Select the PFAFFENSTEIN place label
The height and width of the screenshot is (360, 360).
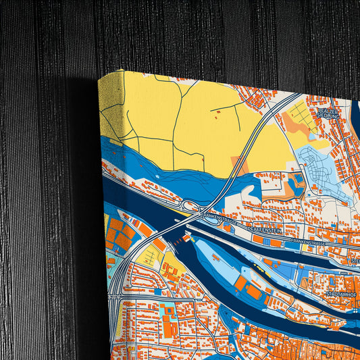click(x=265, y=230)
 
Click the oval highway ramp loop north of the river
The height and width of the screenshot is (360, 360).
click(x=192, y=207)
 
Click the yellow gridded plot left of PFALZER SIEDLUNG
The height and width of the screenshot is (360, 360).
click(x=302, y=118)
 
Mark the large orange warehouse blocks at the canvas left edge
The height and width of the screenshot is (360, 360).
click(x=119, y=232)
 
